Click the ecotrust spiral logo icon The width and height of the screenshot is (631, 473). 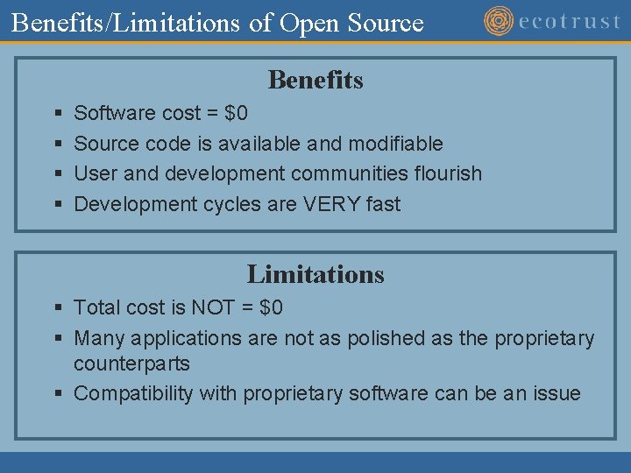pos(499,20)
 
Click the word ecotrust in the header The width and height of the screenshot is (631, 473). pos(570,21)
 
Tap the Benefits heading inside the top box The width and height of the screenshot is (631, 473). pos(315,80)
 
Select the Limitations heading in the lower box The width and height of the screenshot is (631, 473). pos(315,274)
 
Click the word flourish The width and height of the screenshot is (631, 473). pos(444,173)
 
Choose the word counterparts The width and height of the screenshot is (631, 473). pos(131,364)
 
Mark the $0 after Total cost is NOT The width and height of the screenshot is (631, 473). pos(272,307)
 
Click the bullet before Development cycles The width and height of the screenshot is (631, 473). pos(57,205)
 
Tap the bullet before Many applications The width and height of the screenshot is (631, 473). pos(57,338)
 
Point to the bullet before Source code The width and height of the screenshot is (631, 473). pos(57,144)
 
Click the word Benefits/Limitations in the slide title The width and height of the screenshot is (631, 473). pos(125,23)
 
